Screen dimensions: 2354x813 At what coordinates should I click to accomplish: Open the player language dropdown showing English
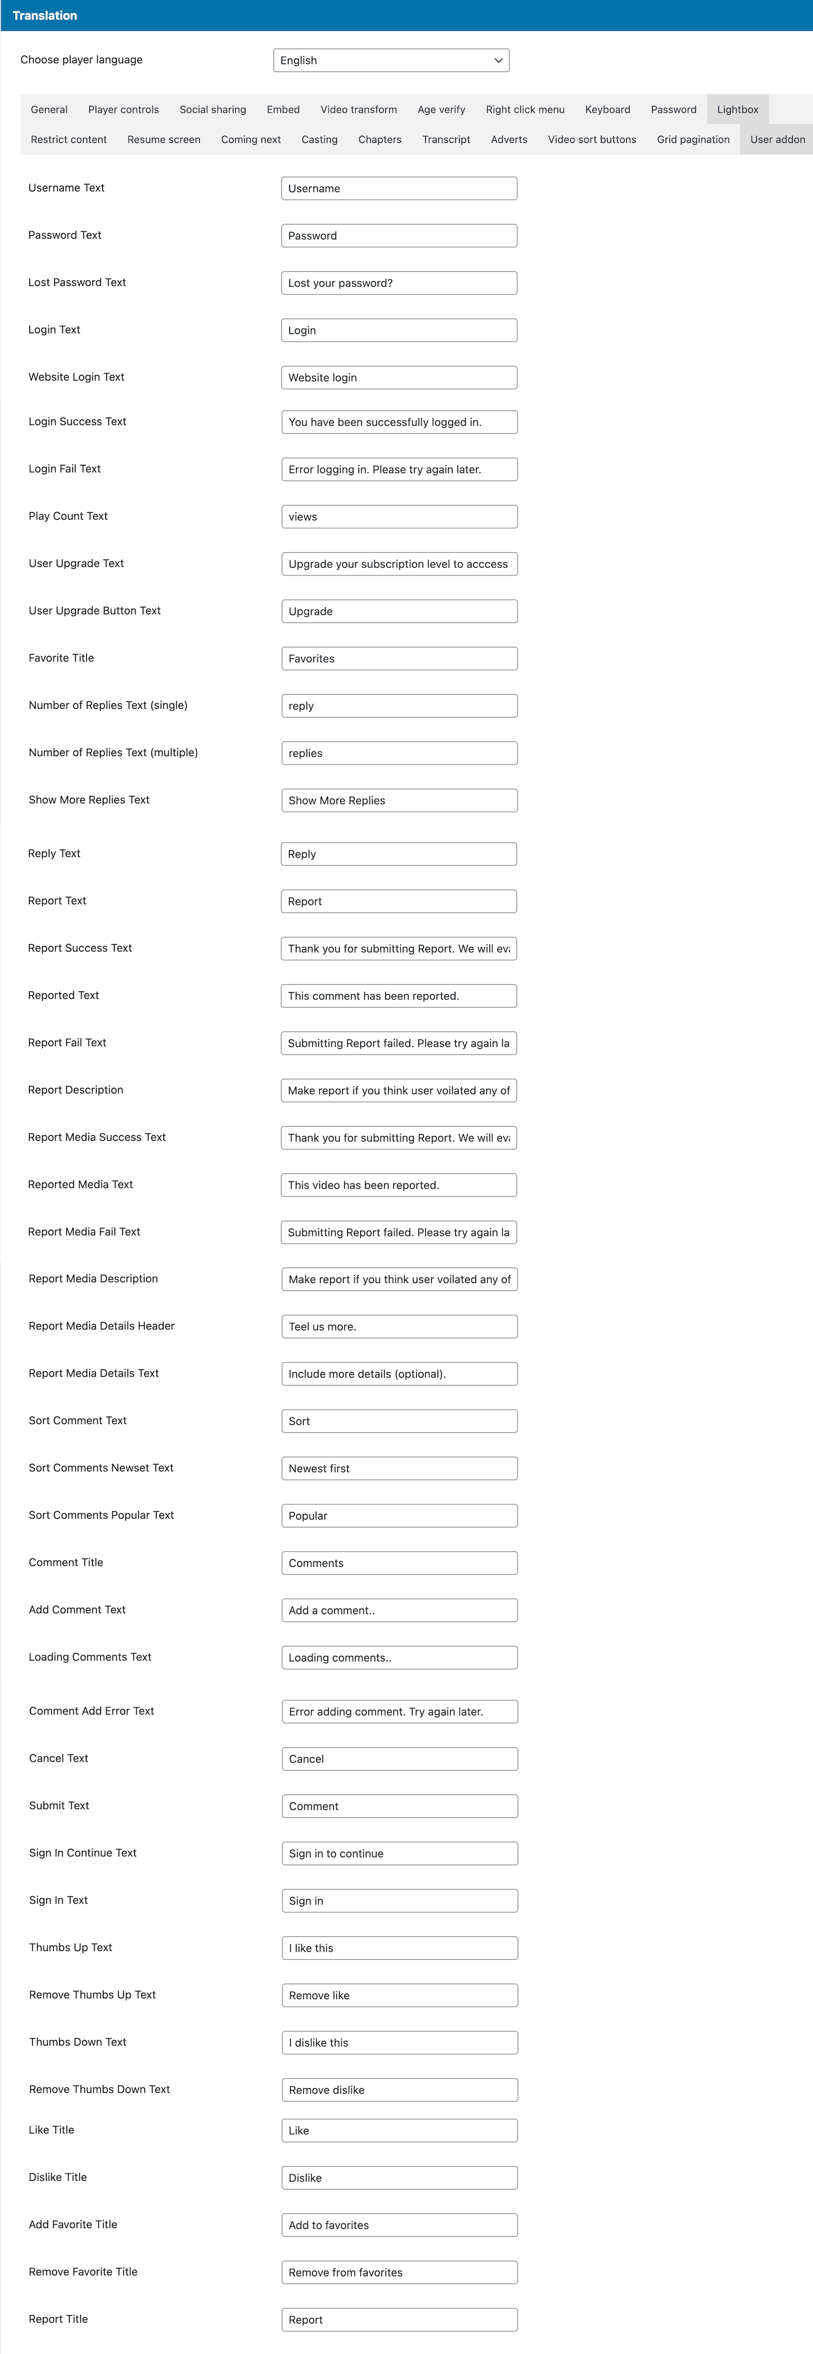click(x=391, y=60)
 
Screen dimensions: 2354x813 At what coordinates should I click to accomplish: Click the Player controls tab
click(x=123, y=110)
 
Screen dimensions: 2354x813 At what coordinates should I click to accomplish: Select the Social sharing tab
click(x=213, y=110)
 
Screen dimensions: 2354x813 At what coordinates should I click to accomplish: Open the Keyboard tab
click(x=608, y=110)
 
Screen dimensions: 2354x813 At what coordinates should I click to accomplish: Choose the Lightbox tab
click(x=737, y=110)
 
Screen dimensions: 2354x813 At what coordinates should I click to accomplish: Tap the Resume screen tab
click(x=164, y=140)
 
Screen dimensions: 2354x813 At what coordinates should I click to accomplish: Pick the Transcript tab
click(x=446, y=140)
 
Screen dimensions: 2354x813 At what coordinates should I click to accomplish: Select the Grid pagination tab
click(x=693, y=140)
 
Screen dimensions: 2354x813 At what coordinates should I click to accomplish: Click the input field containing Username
click(x=398, y=188)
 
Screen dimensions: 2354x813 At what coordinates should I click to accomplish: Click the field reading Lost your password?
click(x=398, y=283)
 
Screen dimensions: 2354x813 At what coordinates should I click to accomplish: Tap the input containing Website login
click(x=398, y=377)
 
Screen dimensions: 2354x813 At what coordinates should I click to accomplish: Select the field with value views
click(x=398, y=516)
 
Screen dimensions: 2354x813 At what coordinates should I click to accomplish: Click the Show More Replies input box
click(x=398, y=801)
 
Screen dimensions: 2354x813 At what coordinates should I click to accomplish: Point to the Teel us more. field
click(x=398, y=1327)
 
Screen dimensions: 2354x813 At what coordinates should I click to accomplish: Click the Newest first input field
click(x=398, y=1468)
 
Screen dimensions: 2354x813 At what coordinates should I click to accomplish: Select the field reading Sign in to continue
click(x=398, y=1853)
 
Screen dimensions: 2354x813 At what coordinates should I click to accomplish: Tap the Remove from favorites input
click(x=398, y=2273)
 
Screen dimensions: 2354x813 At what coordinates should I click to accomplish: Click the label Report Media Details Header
click(x=101, y=1326)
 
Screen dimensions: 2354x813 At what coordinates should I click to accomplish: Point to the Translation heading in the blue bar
click(x=45, y=16)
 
